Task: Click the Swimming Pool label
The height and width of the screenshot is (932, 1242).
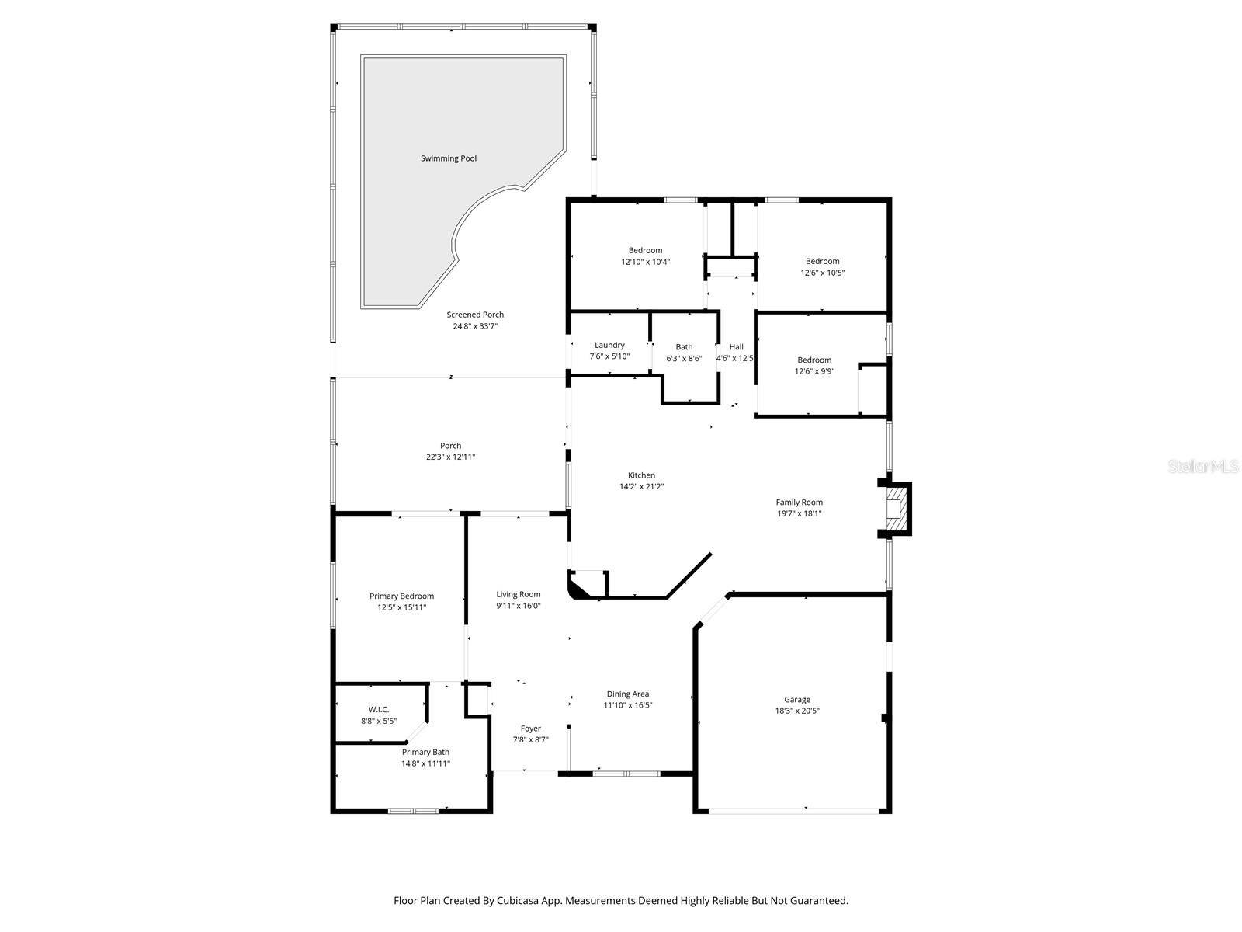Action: (449, 158)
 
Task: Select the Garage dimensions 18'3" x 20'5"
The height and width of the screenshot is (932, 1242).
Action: (797, 711)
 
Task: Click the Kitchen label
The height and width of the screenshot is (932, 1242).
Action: (641, 475)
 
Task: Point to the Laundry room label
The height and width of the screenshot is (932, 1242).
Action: (609, 345)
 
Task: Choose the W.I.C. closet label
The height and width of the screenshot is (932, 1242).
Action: (379, 710)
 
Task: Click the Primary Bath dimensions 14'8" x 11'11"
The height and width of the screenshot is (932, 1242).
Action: (425, 763)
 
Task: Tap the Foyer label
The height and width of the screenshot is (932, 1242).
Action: (530, 729)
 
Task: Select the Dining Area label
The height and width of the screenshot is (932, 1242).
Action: (628, 694)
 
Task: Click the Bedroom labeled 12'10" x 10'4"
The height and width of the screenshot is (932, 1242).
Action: (645, 256)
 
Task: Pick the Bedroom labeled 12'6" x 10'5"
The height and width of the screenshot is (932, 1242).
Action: (822, 266)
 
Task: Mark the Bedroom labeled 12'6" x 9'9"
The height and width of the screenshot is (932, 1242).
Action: (814, 365)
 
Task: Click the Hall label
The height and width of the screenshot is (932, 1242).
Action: (736, 347)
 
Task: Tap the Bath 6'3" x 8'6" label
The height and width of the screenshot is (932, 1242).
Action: (684, 353)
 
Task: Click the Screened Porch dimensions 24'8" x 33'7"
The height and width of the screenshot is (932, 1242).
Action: (475, 326)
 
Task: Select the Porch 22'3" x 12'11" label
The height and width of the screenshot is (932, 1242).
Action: (450, 451)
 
